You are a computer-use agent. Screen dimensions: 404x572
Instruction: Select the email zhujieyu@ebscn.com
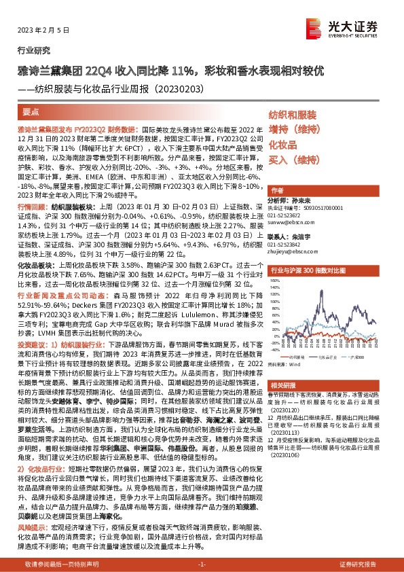click(291, 251)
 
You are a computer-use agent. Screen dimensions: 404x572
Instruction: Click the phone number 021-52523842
click(285, 244)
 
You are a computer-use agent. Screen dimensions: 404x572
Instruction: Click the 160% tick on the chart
click(274, 284)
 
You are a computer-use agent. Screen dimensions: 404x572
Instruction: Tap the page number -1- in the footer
click(202, 565)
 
